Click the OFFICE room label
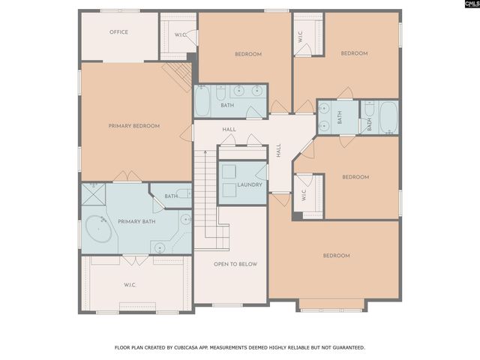coord(118,32)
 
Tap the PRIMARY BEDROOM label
coord(134,126)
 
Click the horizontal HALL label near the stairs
coord(229,130)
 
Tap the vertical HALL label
coord(278,151)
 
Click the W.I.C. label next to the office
coord(181,34)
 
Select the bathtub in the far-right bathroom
coord(388,116)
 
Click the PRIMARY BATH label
coord(136,221)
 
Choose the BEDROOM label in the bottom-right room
coord(336,256)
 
